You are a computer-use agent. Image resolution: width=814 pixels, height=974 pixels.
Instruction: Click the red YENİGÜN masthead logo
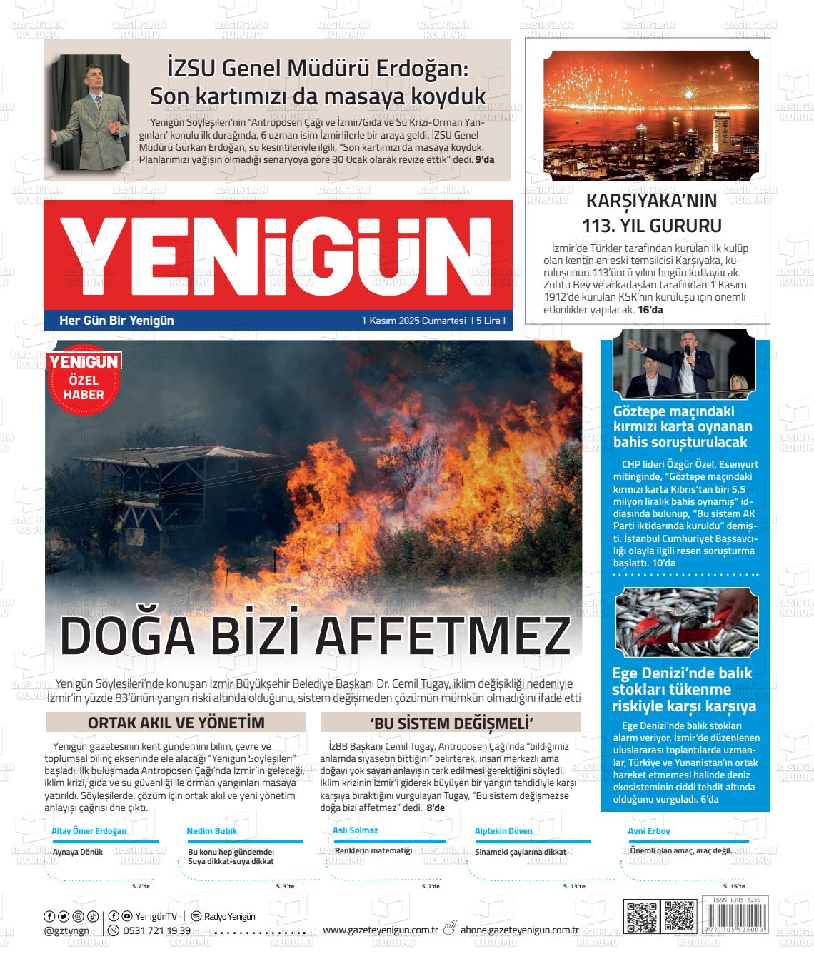pyautogui.click(x=277, y=254)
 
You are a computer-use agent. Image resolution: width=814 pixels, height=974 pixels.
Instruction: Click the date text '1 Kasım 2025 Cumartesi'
pyautogui.click(x=413, y=321)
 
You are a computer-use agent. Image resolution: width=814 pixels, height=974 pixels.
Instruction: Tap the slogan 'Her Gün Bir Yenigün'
pyautogui.click(x=116, y=321)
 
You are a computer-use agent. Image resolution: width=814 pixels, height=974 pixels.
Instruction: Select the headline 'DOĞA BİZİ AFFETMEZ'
pyautogui.click(x=315, y=635)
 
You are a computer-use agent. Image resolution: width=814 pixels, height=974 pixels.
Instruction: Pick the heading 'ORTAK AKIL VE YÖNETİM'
pyautogui.click(x=176, y=723)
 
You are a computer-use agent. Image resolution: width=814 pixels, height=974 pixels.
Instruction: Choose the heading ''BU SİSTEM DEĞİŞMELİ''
pyautogui.click(x=451, y=723)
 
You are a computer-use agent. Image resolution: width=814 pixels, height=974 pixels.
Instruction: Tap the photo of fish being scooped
pyautogui.click(x=685, y=623)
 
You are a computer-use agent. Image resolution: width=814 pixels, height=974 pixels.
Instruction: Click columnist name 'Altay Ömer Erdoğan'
pyautogui.click(x=89, y=831)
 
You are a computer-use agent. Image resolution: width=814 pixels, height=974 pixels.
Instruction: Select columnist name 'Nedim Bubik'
pyautogui.click(x=211, y=831)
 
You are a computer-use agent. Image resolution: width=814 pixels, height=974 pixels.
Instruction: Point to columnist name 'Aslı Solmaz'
pyautogui.click(x=355, y=830)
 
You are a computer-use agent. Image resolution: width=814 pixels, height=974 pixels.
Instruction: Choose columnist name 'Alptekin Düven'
pyautogui.click(x=503, y=831)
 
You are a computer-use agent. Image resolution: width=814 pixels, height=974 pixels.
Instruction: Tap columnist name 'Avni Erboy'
pyautogui.click(x=648, y=831)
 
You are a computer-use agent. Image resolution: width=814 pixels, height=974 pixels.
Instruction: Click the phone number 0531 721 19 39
pyautogui.click(x=156, y=930)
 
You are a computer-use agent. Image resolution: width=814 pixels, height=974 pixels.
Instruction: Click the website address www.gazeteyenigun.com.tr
pyautogui.click(x=380, y=930)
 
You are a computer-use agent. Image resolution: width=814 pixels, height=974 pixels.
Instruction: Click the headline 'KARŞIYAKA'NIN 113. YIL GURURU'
pyautogui.click(x=651, y=213)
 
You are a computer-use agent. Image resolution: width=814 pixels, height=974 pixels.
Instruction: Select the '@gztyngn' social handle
pyautogui.click(x=66, y=930)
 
